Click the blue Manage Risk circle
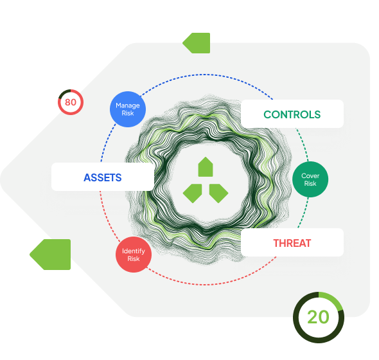click(128, 109)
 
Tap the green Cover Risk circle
click(310, 179)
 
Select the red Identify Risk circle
click(134, 255)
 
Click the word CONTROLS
click(292, 114)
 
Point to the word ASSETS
click(103, 177)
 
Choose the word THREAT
click(292, 243)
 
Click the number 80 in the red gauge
click(71, 102)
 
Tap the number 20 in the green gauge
click(318, 317)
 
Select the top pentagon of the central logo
click(206, 167)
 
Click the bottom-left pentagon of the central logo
click(193, 193)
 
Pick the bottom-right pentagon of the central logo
click(218, 193)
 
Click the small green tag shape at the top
click(197, 43)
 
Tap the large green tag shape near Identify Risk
click(50, 255)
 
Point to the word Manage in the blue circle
click(128, 105)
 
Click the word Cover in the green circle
click(310, 175)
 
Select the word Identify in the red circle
click(134, 251)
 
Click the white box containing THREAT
click(292, 242)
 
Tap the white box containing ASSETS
click(103, 177)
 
